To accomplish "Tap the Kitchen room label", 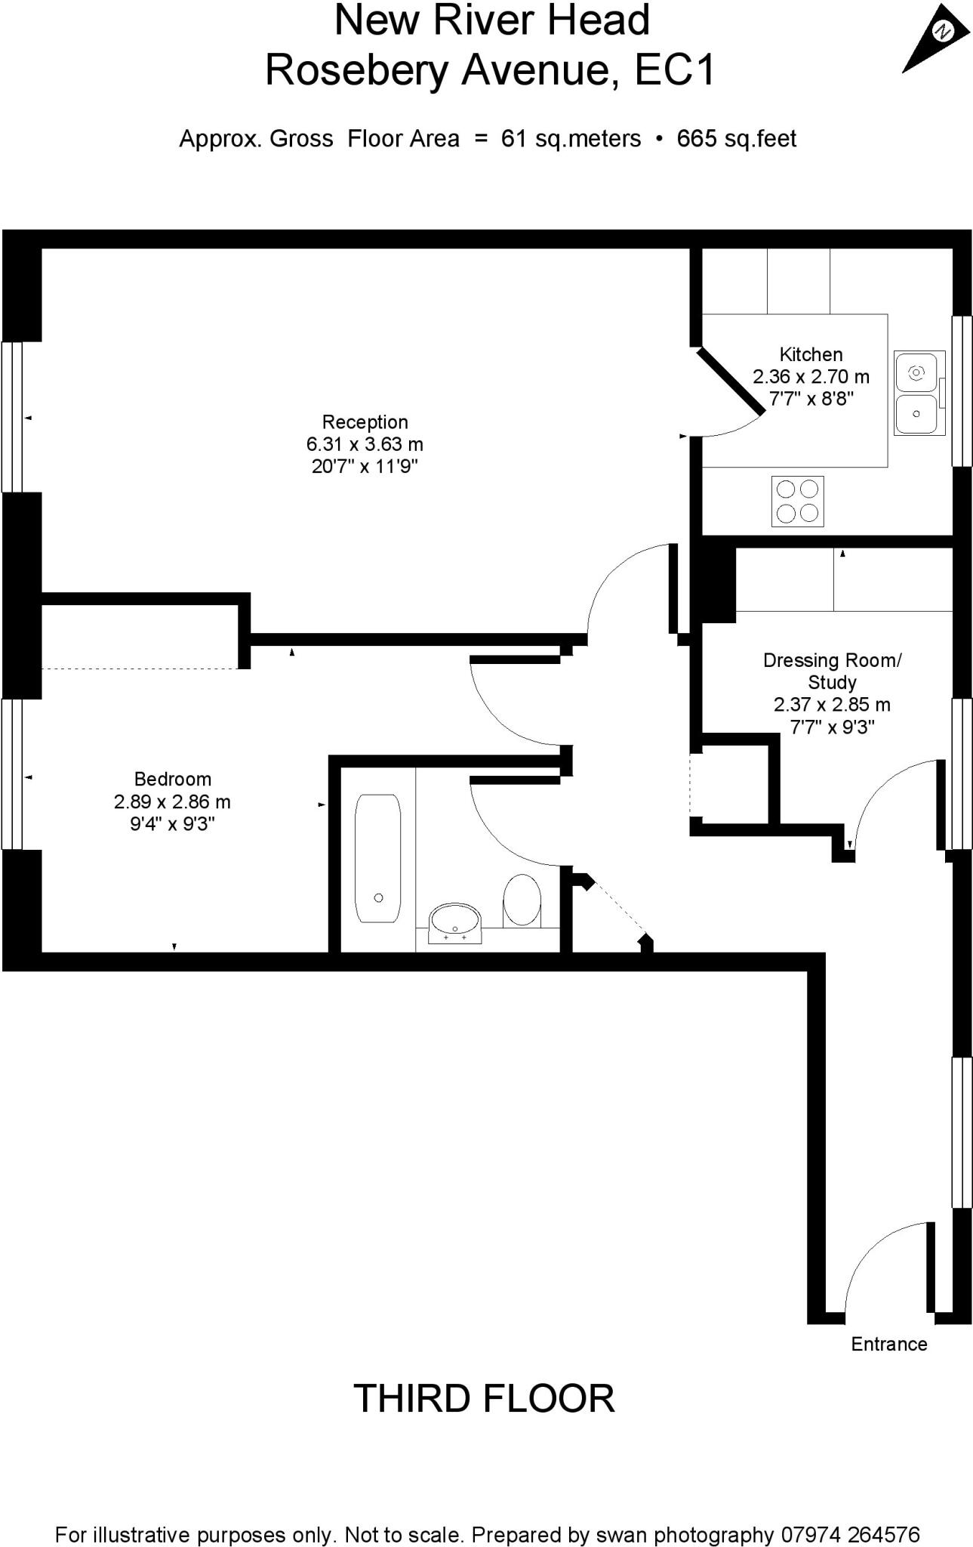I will pos(811,354).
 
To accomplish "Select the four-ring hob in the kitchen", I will pos(798,501).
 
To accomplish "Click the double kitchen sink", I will pos(919,393).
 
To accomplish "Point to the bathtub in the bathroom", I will pos(377,857).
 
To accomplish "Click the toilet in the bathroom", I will pos(522,900).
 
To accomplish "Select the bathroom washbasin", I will pos(454,922).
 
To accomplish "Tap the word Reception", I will pos(365,422).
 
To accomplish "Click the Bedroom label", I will pos(172,779).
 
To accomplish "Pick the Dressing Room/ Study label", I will pos(832,671).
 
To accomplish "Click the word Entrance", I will pos(888,1344).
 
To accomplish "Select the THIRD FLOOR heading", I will pos(484,1399).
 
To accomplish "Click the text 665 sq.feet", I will pos(737,139).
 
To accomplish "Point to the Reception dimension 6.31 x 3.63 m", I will pos(365,444).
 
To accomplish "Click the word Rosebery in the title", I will pos(358,71).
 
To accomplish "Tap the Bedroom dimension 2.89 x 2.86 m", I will pos(172,801).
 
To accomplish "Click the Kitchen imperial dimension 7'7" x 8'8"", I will pos(811,398).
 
